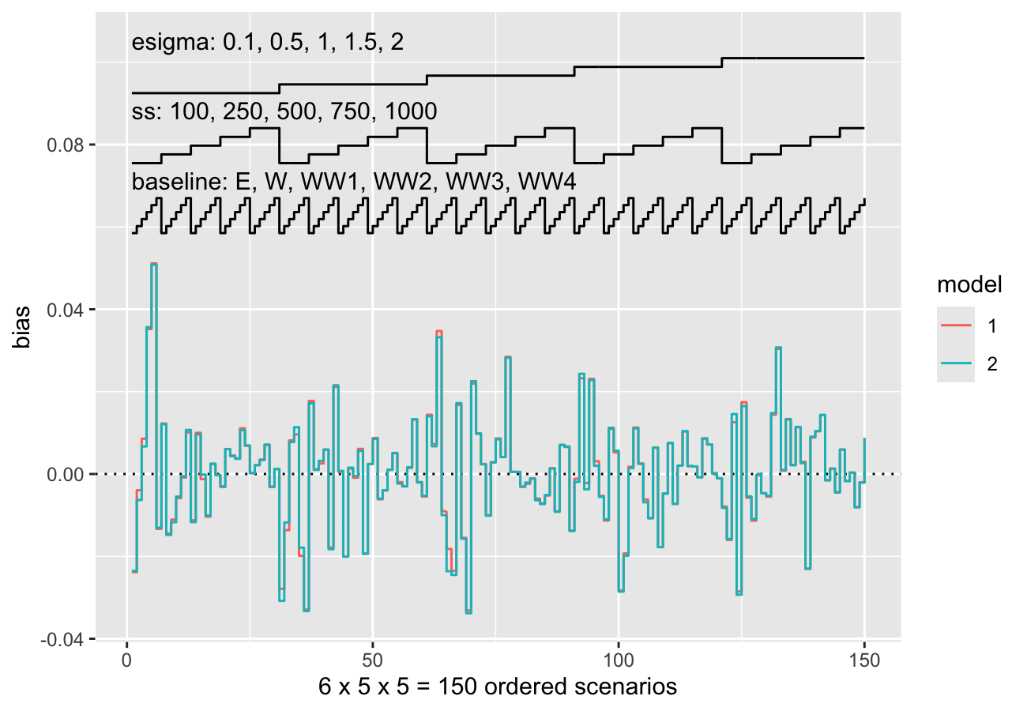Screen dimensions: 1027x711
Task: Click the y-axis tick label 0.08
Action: (66, 145)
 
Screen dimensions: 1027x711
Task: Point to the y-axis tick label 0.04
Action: (66, 310)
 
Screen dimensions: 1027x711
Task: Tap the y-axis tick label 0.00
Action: (66, 475)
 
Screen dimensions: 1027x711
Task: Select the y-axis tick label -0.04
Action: (62, 639)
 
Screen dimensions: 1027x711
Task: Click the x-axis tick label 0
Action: (127, 660)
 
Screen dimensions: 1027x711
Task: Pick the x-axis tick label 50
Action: (372, 660)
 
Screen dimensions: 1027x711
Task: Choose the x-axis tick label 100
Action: (619, 660)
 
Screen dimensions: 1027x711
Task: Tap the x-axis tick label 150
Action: (864, 660)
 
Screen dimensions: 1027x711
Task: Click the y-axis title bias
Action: (21, 327)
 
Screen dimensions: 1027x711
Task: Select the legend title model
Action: (969, 284)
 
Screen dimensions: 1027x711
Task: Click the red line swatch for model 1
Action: (956, 325)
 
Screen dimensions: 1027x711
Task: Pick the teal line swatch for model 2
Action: (956, 363)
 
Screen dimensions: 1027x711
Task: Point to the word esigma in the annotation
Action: (170, 43)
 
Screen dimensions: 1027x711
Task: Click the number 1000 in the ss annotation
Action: (411, 111)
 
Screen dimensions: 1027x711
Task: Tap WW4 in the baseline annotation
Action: (547, 182)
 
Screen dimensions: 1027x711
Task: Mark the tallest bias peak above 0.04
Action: (154, 264)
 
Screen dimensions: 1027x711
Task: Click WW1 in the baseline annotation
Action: (329, 182)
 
